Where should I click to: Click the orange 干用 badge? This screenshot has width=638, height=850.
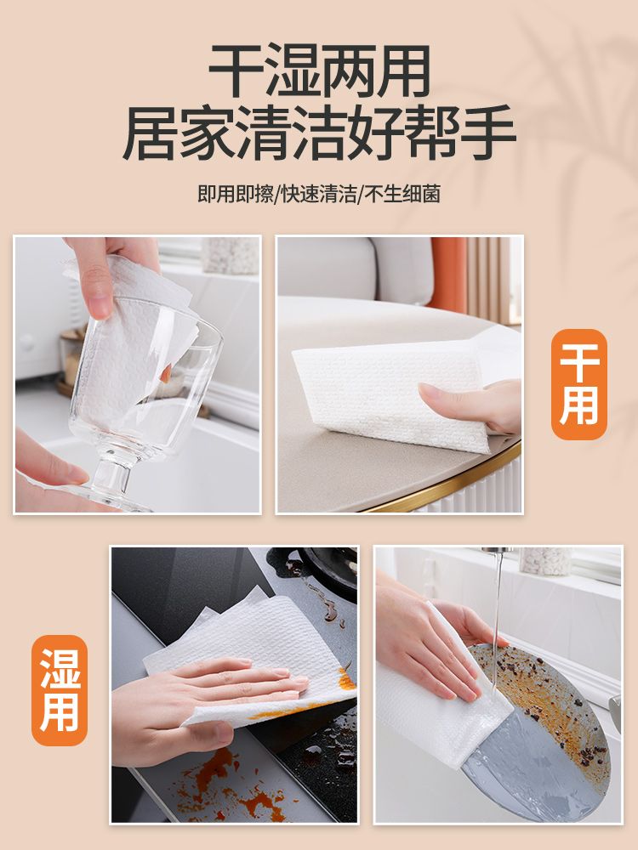coord(578,384)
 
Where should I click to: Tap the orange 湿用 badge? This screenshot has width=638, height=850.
coord(60,690)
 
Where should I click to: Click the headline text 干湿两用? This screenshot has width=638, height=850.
coord(320,71)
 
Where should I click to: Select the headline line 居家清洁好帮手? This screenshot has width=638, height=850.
coord(319,133)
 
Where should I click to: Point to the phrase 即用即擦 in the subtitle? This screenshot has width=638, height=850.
coord(236,194)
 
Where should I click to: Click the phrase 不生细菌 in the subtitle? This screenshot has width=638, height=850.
coord(402,194)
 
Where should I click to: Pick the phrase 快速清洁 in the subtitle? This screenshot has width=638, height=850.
coord(319,194)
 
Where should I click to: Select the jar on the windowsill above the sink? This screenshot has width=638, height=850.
coord(545,560)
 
